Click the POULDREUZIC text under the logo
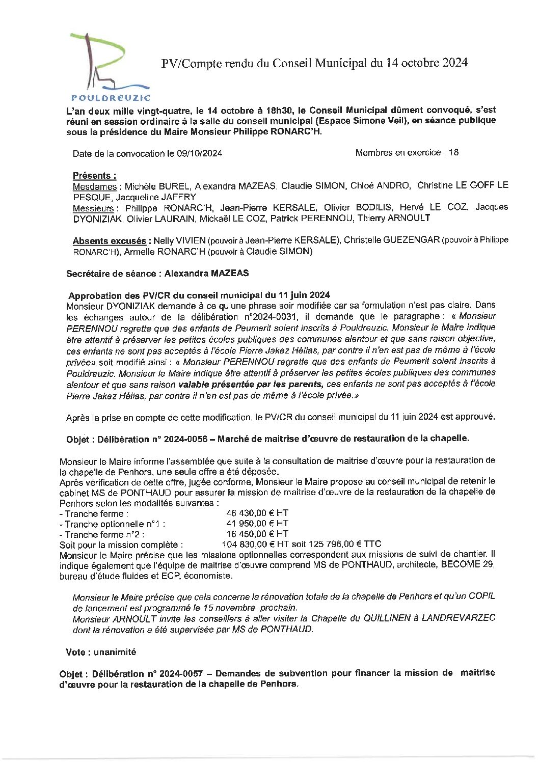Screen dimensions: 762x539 coord(111,97)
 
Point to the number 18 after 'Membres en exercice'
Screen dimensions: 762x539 coord(453,152)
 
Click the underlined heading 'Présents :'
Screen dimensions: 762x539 coord(94,176)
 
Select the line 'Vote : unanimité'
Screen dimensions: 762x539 coord(101,652)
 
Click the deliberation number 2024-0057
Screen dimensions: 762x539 coord(174,673)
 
